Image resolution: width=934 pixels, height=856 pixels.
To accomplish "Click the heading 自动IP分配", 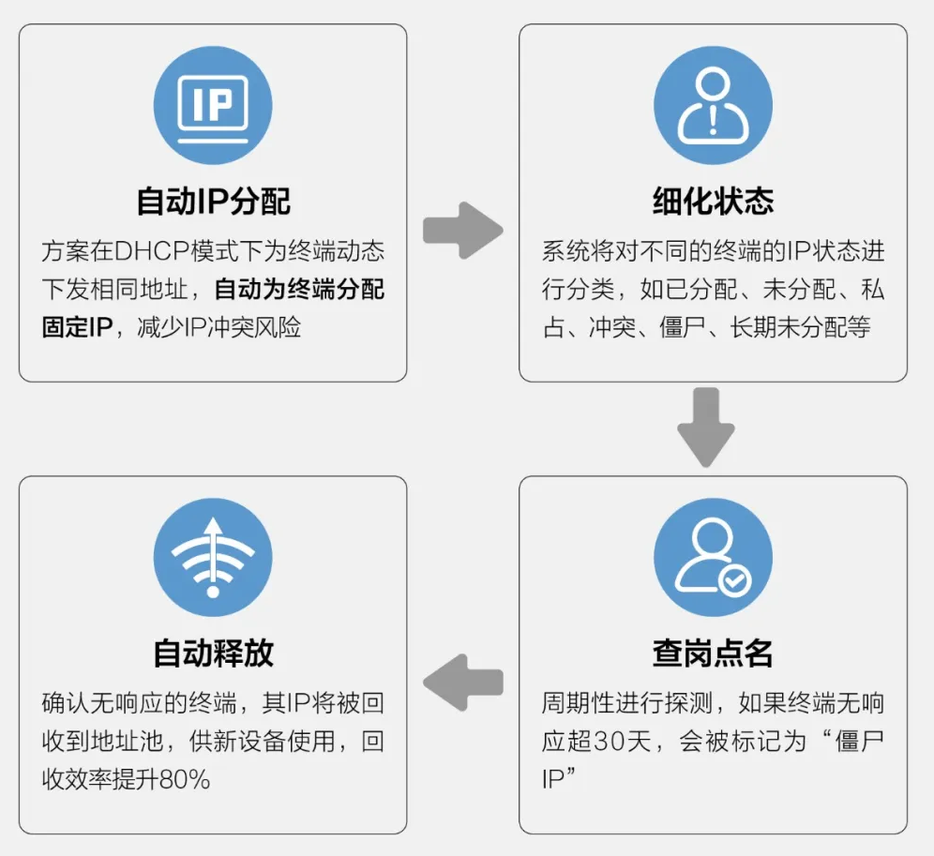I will [x=213, y=201].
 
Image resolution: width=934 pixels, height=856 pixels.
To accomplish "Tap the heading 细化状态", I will [x=713, y=201].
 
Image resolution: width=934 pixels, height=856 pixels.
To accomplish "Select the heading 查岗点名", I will [x=713, y=653].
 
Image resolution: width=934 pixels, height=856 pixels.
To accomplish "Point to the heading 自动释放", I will [x=213, y=653].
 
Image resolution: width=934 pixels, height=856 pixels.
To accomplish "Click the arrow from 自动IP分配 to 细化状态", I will [x=463, y=230].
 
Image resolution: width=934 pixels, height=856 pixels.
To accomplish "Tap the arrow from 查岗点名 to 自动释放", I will [x=463, y=682].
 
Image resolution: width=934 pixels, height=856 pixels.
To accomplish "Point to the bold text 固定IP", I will [x=76, y=328].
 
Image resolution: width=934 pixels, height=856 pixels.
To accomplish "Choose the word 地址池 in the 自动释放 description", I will [x=148, y=742].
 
